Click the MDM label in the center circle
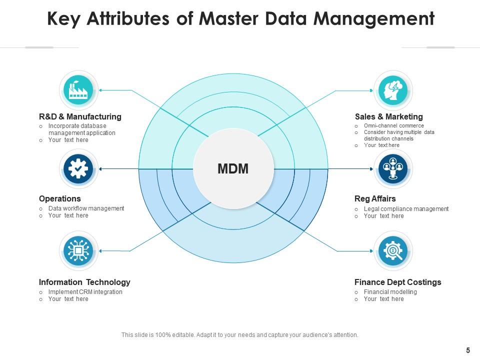click(x=233, y=169)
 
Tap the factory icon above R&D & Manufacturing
click(x=79, y=90)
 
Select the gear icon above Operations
click(x=79, y=169)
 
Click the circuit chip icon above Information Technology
click(x=79, y=250)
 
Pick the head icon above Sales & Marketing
click(x=393, y=90)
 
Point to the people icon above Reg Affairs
click(x=393, y=169)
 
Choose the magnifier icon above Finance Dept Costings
click(x=393, y=250)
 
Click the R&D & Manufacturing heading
click(x=80, y=116)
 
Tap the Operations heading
click(x=60, y=198)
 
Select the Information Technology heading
click(x=84, y=282)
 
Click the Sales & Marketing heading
click(x=389, y=116)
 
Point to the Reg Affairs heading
click(x=375, y=198)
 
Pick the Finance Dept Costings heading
click(x=398, y=282)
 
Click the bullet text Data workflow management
click(x=86, y=208)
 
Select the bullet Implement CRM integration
click(x=85, y=292)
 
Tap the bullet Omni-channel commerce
click(x=394, y=126)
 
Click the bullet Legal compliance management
click(x=406, y=209)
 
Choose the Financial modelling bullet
click(x=390, y=292)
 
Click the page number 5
click(x=468, y=350)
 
